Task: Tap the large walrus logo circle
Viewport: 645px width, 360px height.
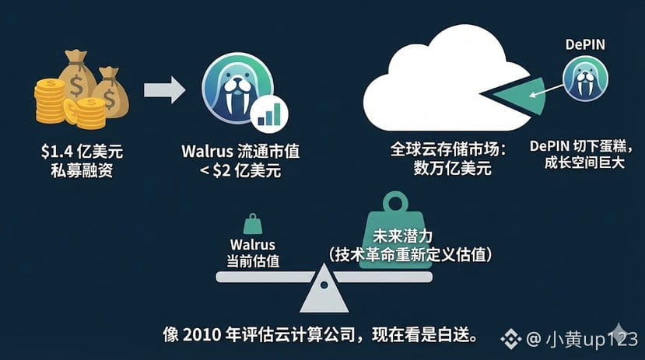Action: [x=236, y=90]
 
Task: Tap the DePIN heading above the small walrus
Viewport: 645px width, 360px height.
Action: [x=585, y=45]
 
